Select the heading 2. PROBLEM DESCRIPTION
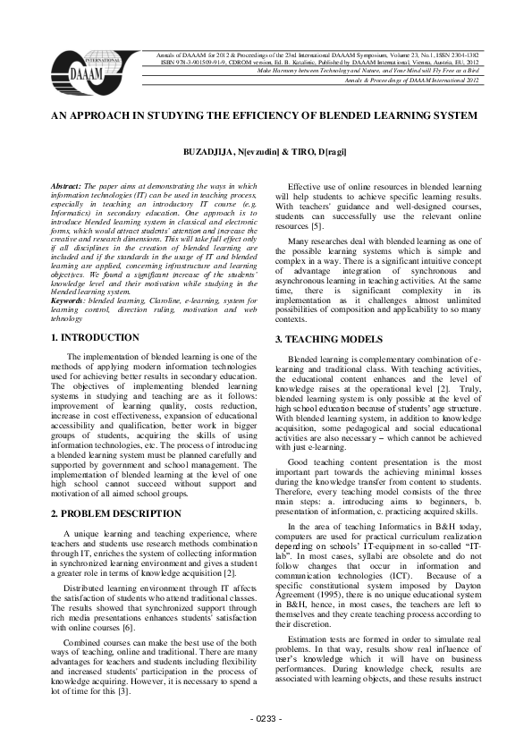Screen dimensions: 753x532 (116, 513)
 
